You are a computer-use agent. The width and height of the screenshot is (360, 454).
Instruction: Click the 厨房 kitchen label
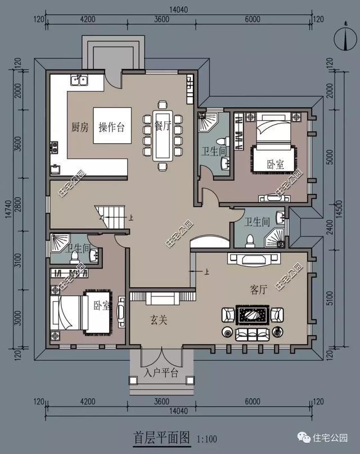click(80, 127)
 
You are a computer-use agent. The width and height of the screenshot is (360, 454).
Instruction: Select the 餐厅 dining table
click(163, 135)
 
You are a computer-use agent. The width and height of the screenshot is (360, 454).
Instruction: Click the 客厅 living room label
click(258, 290)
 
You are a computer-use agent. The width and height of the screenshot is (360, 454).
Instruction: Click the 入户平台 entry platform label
click(161, 373)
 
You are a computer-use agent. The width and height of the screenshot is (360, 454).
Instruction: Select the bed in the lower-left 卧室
click(69, 312)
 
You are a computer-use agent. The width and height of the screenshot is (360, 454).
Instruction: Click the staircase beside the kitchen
click(111, 217)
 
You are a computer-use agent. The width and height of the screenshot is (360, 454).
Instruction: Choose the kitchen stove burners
click(55, 148)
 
